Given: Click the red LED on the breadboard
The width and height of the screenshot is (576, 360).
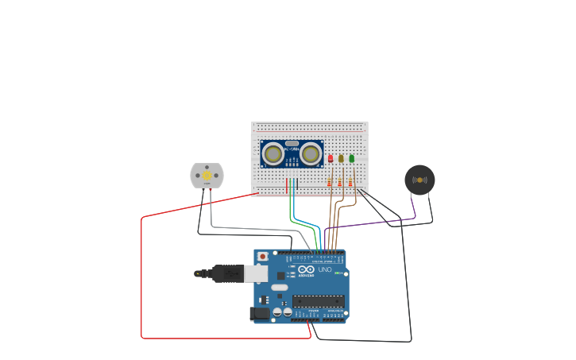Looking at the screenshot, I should coord(331,158).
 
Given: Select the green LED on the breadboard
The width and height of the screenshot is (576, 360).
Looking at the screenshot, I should coord(351,158).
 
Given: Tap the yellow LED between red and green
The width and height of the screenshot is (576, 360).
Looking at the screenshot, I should coord(341,158).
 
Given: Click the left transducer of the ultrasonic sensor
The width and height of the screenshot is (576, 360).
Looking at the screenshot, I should coord(273,153).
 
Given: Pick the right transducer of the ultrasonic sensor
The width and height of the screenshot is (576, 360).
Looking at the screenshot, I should coord(311,153).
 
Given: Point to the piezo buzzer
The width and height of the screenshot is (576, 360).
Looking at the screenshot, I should coord(419,180).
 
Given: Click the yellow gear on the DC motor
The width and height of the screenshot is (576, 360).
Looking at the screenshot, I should coord(207,175).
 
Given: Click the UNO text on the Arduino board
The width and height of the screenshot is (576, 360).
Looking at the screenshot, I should coord(325,269).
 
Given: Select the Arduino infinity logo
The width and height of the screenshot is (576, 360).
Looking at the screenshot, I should coord(306,269).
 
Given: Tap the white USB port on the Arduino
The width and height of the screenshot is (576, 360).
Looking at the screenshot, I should coord(255,274).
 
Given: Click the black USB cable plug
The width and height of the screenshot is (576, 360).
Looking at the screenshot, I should coord(226,274).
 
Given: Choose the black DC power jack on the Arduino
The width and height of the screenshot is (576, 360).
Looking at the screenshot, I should coord(259,313).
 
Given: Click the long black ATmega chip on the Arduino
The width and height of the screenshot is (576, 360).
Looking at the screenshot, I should coord(318,301).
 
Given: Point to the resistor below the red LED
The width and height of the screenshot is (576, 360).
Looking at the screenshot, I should coord(330,182).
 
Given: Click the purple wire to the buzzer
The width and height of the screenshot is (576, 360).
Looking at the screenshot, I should coord(373,223).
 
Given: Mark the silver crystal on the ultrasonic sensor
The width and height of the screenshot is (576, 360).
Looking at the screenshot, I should coord(292,144).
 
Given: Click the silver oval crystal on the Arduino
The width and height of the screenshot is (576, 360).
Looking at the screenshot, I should coord(279,287).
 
